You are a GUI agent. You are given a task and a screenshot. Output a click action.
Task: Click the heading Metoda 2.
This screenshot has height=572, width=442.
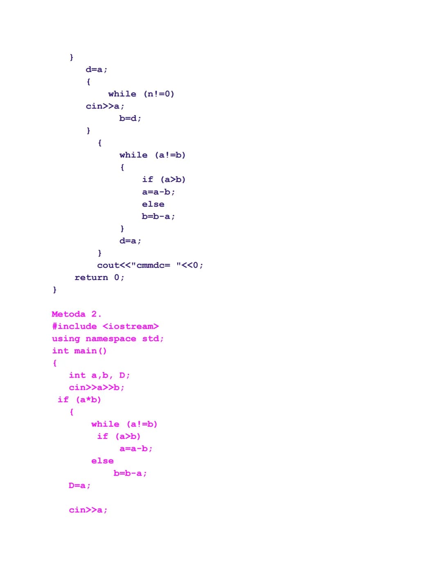(x=77, y=314)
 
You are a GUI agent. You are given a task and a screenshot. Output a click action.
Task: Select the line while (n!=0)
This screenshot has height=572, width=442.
(x=141, y=94)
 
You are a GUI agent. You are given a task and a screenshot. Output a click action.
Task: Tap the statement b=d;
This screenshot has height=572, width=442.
(x=130, y=118)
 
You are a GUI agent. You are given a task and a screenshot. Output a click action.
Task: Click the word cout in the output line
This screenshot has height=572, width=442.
(x=108, y=265)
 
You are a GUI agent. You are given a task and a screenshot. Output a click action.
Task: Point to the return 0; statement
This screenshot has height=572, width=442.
(x=99, y=278)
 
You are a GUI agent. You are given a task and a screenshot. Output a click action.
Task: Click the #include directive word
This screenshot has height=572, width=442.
(x=74, y=326)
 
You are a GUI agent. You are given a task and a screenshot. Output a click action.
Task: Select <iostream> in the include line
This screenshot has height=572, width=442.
(x=131, y=326)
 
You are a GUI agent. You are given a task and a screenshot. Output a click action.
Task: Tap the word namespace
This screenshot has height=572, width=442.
(x=111, y=339)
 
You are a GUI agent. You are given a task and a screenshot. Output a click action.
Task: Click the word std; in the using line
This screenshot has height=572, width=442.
(x=153, y=339)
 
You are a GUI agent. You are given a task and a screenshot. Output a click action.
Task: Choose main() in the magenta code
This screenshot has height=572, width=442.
(x=90, y=351)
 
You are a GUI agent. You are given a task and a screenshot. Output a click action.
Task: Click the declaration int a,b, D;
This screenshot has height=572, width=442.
(x=99, y=375)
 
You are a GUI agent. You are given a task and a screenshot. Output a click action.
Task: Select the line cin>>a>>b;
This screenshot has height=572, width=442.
(x=96, y=387)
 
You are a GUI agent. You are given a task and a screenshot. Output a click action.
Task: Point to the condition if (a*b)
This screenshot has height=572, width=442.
(x=79, y=400)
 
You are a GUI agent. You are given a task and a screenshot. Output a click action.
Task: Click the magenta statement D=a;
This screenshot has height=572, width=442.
(x=79, y=485)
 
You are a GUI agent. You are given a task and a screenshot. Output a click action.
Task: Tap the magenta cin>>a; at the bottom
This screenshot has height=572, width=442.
(x=88, y=510)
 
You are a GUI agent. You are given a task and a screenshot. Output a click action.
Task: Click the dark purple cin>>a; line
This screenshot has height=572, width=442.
(x=105, y=106)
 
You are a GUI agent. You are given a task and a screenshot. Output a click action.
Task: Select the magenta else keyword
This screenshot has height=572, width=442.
(x=102, y=461)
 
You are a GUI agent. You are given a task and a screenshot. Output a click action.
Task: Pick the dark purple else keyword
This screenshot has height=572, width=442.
(x=153, y=204)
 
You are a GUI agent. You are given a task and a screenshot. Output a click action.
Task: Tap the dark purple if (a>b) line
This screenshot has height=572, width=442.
(x=164, y=179)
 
